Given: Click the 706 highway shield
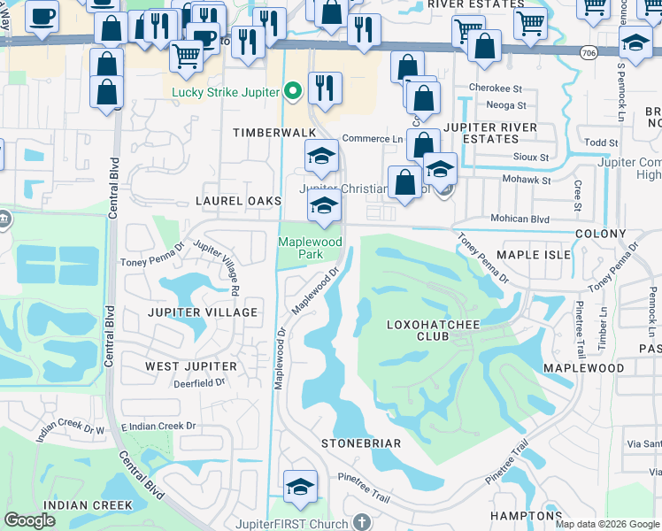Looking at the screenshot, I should point(589,54).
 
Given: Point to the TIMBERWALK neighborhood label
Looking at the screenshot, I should point(274,132).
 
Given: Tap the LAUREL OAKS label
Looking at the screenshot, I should point(238,202).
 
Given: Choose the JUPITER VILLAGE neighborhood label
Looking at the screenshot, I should point(203,312).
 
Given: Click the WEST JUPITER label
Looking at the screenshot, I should point(191,366).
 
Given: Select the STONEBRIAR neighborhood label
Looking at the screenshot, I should point(361,443).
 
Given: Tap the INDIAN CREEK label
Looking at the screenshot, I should point(77,504).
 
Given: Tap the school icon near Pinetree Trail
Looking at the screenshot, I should point(300,486).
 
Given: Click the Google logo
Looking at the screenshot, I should point(29,521).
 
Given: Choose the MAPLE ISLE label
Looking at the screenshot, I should point(531,255).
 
